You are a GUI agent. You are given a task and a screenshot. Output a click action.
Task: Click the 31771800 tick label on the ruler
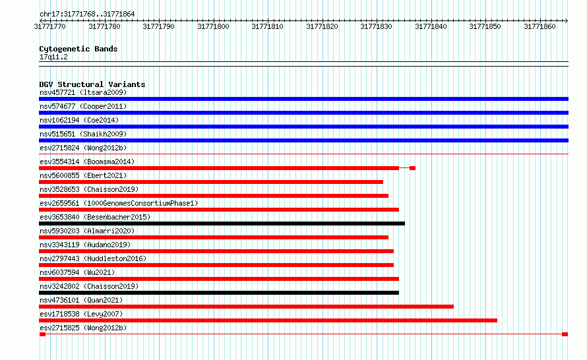[213, 26]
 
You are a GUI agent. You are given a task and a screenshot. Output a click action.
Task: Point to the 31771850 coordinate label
[485, 26]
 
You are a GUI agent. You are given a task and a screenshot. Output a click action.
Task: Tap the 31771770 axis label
[49, 26]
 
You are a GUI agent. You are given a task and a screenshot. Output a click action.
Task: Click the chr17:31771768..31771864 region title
[87, 15]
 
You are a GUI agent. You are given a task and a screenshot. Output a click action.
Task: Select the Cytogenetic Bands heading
[78, 49]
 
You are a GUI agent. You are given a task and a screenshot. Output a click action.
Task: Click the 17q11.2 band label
[53, 57]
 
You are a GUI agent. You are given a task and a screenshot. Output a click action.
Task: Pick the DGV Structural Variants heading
[92, 84]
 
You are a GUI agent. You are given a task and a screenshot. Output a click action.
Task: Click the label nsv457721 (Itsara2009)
[83, 92]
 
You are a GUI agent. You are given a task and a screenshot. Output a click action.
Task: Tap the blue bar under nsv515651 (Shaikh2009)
[303, 140]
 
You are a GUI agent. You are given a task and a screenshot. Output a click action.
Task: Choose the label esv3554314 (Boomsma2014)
[87, 162]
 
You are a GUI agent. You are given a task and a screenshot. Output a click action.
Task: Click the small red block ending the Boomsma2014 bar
[412, 168]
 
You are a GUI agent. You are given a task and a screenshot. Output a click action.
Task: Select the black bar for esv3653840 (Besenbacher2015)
[222, 224]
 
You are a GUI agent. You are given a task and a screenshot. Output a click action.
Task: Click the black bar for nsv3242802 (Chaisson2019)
[219, 293]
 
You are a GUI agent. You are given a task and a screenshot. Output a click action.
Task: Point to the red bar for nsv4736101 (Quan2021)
[246, 307]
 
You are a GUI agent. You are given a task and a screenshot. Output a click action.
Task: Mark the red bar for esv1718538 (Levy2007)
[268, 320]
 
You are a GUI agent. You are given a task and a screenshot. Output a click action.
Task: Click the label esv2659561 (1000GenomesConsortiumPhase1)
[119, 203]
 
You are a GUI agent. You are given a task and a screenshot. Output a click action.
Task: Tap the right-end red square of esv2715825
[565, 334]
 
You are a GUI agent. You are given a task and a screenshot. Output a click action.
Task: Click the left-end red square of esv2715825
[42, 334]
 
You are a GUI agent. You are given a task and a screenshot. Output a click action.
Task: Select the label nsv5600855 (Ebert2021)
[83, 175]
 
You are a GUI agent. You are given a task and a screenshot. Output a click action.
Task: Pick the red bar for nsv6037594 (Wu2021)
[219, 279]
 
